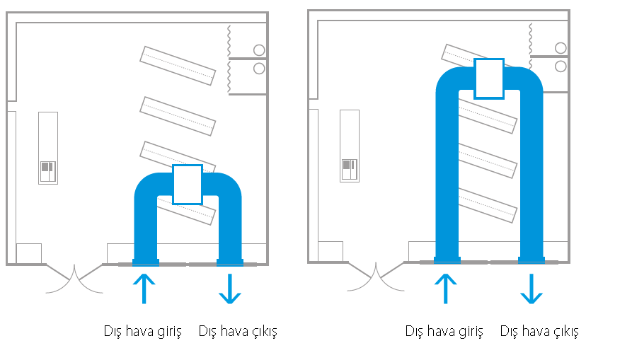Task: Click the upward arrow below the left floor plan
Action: pos(144,289)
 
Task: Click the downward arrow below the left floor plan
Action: pos(230,289)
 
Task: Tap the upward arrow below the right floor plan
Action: pos(445,289)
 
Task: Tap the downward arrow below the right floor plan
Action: pos(532,289)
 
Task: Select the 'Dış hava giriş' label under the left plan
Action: pos(143,332)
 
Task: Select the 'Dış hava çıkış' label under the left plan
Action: pos(238,332)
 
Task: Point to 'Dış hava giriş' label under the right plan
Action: pos(444,332)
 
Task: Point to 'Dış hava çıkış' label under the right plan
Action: pos(539,332)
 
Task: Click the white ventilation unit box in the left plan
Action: pos(188,185)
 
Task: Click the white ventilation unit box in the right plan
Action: pos(489,79)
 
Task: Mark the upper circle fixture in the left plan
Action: pos(259,50)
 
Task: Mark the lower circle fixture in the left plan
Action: pos(259,68)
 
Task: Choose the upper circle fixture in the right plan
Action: pos(561,48)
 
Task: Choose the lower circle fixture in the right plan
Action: pos(561,66)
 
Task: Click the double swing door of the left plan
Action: pos(74,278)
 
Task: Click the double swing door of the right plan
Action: pos(376,277)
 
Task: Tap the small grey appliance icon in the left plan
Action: pos(48,171)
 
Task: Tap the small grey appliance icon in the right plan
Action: pos(350,169)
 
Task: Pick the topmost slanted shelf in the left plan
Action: pos(178,66)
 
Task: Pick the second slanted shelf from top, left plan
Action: pos(178,116)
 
